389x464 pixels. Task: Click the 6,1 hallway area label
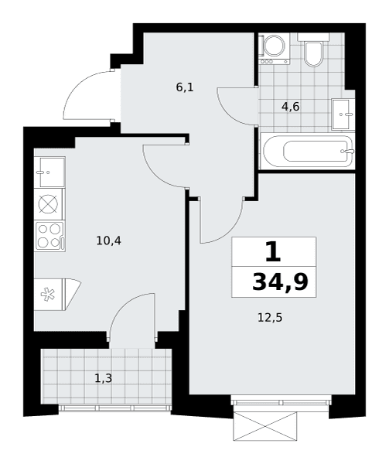click(x=185, y=87)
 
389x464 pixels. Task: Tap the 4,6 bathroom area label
click(x=291, y=106)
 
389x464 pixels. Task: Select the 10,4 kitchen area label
click(x=108, y=241)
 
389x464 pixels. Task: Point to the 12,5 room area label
click(x=270, y=318)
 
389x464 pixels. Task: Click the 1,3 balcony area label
click(x=104, y=378)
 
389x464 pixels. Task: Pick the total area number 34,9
click(x=280, y=282)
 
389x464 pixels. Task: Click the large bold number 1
click(x=273, y=251)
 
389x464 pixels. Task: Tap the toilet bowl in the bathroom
click(x=313, y=53)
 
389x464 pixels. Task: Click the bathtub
click(x=307, y=151)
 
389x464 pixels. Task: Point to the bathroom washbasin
click(x=343, y=114)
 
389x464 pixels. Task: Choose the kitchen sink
click(x=49, y=172)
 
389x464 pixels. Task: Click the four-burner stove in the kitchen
click(x=49, y=236)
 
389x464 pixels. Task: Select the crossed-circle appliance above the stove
click(x=48, y=204)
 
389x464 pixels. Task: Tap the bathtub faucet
click(x=348, y=152)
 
